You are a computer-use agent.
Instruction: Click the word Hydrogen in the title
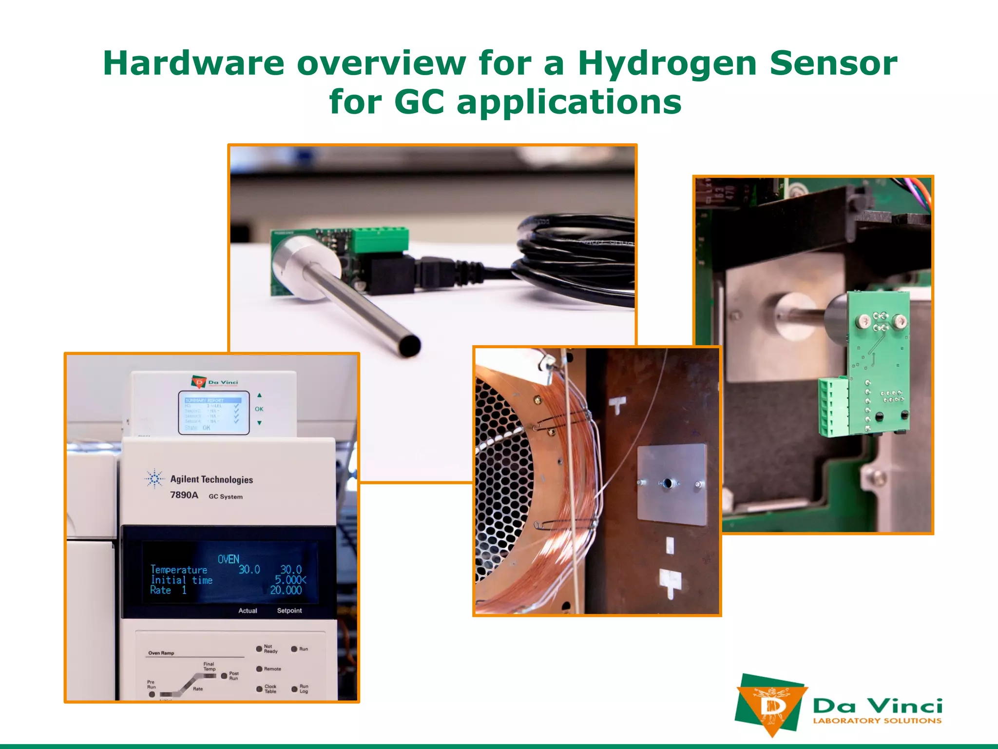667,64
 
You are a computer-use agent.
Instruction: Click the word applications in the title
569,102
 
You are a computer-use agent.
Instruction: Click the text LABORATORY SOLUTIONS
877,721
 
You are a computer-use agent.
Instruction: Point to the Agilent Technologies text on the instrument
211,479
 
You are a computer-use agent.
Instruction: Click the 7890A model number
184,495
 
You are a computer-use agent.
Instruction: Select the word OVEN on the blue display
228,559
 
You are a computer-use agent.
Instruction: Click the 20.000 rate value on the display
286,590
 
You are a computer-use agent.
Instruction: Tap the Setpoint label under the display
289,611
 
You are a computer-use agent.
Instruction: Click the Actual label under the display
248,611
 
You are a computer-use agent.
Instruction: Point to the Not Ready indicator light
259,649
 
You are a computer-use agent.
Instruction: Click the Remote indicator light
259,669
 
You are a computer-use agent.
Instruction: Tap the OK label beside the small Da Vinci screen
259,409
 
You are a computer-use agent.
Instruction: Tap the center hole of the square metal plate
667,483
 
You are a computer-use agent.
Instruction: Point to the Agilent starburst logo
154,479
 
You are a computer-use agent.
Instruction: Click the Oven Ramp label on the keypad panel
161,653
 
